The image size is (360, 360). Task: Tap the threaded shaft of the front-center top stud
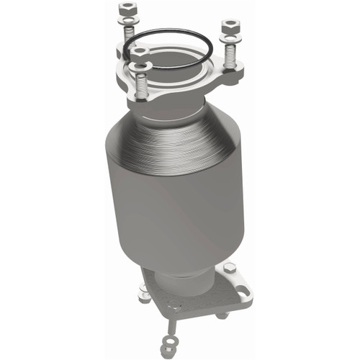point(143,89)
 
